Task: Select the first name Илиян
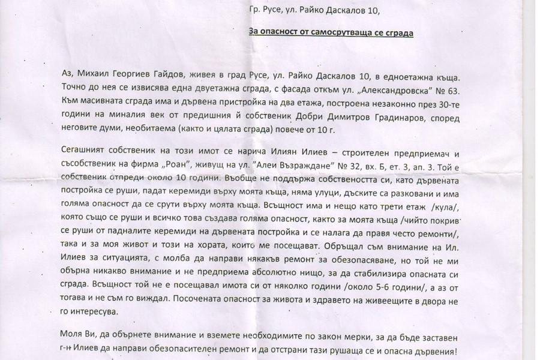coord(277,150)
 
